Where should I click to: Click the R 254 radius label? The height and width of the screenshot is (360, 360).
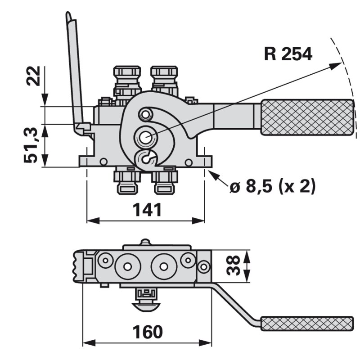coord(288,54)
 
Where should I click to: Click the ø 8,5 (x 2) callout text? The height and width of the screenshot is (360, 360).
coord(272,185)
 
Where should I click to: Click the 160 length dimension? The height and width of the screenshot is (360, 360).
coord(147,332)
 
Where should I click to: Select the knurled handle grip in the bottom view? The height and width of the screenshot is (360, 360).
coord(307,323)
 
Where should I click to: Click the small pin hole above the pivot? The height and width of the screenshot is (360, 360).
coord(145,114)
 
